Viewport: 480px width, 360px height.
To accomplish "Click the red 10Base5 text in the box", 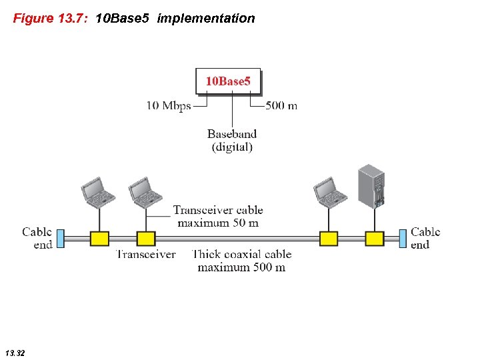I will coord(228,81).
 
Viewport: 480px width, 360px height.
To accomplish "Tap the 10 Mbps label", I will coord(169,105).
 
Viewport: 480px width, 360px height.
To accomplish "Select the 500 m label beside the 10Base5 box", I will coord(281,105).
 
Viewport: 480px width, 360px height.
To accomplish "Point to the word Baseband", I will coord(232,135).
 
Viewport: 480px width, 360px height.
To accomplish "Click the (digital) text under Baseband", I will coord(232,147).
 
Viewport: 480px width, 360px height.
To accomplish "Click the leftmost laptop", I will coord(97,191).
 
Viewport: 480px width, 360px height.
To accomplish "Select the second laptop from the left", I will coord(145,191).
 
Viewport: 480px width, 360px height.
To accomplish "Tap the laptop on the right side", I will coord(329,191).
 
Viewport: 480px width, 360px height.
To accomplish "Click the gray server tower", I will coord(372,186).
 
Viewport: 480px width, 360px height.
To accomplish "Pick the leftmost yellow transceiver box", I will coord(99,239).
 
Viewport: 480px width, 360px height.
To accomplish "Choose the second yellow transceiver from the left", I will coord(146,239).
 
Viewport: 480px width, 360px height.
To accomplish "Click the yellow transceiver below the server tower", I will coord(375,239).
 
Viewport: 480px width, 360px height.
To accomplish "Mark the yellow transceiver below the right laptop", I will coord(329,239).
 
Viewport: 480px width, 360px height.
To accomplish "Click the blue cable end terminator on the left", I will coord(60,238).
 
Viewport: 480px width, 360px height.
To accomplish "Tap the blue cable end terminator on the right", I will coord(403,238).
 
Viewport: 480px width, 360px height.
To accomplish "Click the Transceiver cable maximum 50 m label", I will coord(217,217).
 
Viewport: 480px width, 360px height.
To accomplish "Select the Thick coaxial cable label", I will coord(241,254).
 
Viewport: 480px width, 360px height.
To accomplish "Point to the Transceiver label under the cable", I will coord(146,254).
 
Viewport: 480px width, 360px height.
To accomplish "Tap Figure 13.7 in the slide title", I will coord(51,19).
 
